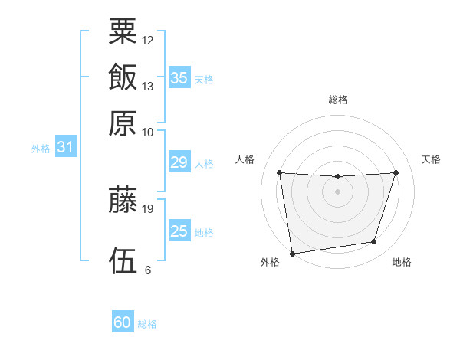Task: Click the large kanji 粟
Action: [123, 31]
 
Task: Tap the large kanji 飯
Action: [123, 77]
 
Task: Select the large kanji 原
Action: [123, 123]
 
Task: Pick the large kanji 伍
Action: [123, 260]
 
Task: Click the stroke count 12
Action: [147, 41]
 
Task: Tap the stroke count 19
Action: [147, 209]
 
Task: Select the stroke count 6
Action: [148, 270]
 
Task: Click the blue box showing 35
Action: [179, 77]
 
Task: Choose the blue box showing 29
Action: [179, 162]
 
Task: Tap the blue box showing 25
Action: [179, 230]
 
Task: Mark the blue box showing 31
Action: [66, 146]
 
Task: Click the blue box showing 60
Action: [123, 321]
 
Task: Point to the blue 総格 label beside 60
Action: [147, 324]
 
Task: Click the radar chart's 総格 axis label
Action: [338, 100]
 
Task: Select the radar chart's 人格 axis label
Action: [245, 159]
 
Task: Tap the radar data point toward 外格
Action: [292, 254]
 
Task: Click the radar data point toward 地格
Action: [374, 242]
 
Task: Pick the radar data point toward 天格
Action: [396, 172]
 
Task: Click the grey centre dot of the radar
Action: [337, 191]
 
